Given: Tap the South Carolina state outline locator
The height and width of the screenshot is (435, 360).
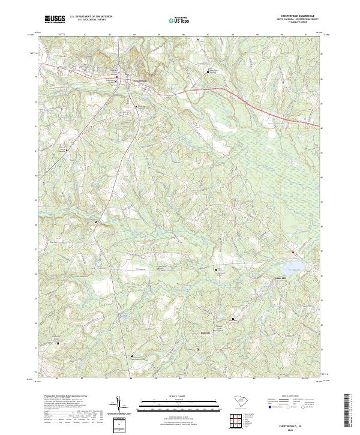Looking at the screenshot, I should pos(238,401).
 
